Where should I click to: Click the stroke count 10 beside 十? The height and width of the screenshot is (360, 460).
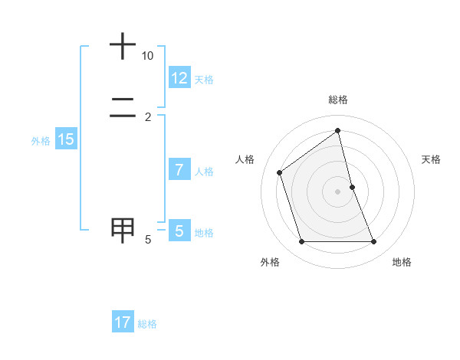[147, 56]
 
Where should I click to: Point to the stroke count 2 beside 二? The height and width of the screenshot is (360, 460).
[148, 116]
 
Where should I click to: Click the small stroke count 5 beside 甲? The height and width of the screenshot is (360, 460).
[148, 240]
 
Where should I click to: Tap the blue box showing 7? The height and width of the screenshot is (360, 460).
[179, 170]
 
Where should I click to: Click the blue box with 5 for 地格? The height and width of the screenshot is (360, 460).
[179, 231]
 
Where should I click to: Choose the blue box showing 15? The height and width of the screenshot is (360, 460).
[66, 139]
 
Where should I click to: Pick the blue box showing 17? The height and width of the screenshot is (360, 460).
[123, 322]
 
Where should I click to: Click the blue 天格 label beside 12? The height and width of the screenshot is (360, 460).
[204, 79]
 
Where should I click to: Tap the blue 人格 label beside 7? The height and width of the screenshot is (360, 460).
[204, 172]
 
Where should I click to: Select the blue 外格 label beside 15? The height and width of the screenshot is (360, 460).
[41, 141]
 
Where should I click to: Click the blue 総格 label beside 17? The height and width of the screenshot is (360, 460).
[147, 324]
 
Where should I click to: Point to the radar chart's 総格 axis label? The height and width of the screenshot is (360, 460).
[337, 100]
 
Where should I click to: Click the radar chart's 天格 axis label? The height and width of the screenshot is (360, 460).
[431, 159]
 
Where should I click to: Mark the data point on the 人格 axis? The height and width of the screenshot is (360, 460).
[280, 172]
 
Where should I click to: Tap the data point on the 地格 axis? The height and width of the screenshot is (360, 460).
[373, 241]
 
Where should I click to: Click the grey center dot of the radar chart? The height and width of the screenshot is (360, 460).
[337, 191]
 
